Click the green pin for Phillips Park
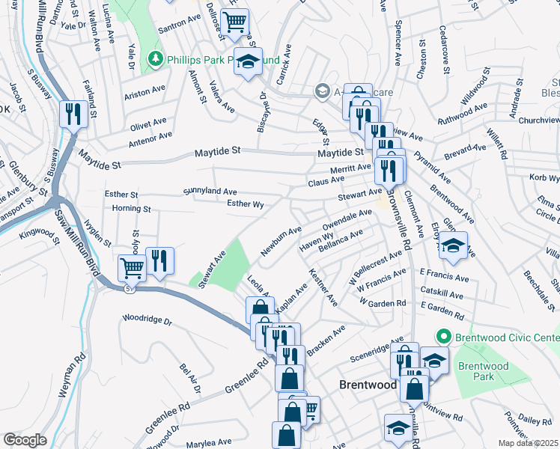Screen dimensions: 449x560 [x=156, y=58]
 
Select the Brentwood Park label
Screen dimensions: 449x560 [x=483, y=371]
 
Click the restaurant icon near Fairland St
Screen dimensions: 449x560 [x=73, y=114]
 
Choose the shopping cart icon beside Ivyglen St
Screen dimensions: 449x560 [x=133, y=266]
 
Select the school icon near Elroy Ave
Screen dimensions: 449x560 [x=453, y=245]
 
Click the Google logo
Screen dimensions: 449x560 [x=25, y=439]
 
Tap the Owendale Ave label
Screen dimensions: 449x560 [x=347, y=219]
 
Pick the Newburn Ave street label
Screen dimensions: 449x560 [x=281, y=241]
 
